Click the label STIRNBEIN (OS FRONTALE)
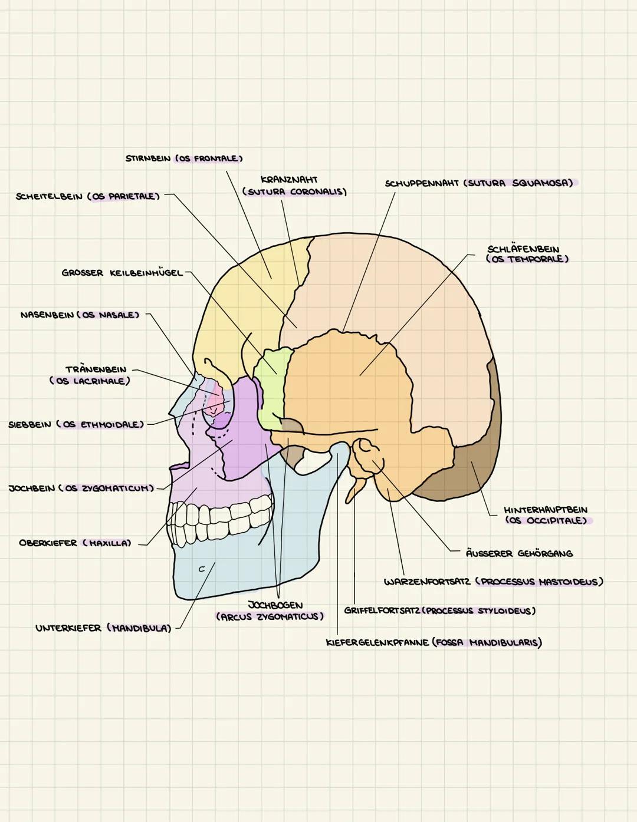tap(184, 159)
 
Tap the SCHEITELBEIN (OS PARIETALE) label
tap(88, 196)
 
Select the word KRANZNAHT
tap(289, 180)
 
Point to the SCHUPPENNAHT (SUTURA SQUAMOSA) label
tap(479, 183)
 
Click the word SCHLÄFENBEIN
tap(523, 249)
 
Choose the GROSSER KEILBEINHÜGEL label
tap(122, 273)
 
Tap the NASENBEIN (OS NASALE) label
tap(80, 315)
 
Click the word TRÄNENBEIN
tap(96, 369)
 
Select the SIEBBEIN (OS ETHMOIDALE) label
tap(76, 424)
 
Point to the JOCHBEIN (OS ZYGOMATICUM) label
tap(81, 488)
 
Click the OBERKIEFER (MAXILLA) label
tap(75, 543)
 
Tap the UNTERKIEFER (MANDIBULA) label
tap(103, 628)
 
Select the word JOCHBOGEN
tap(275, 605)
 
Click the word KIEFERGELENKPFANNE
tap(377, 643)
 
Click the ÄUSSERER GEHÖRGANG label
tap(519, 553)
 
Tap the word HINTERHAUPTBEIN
tap(546, 510)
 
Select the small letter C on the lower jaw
tap(201, 569)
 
